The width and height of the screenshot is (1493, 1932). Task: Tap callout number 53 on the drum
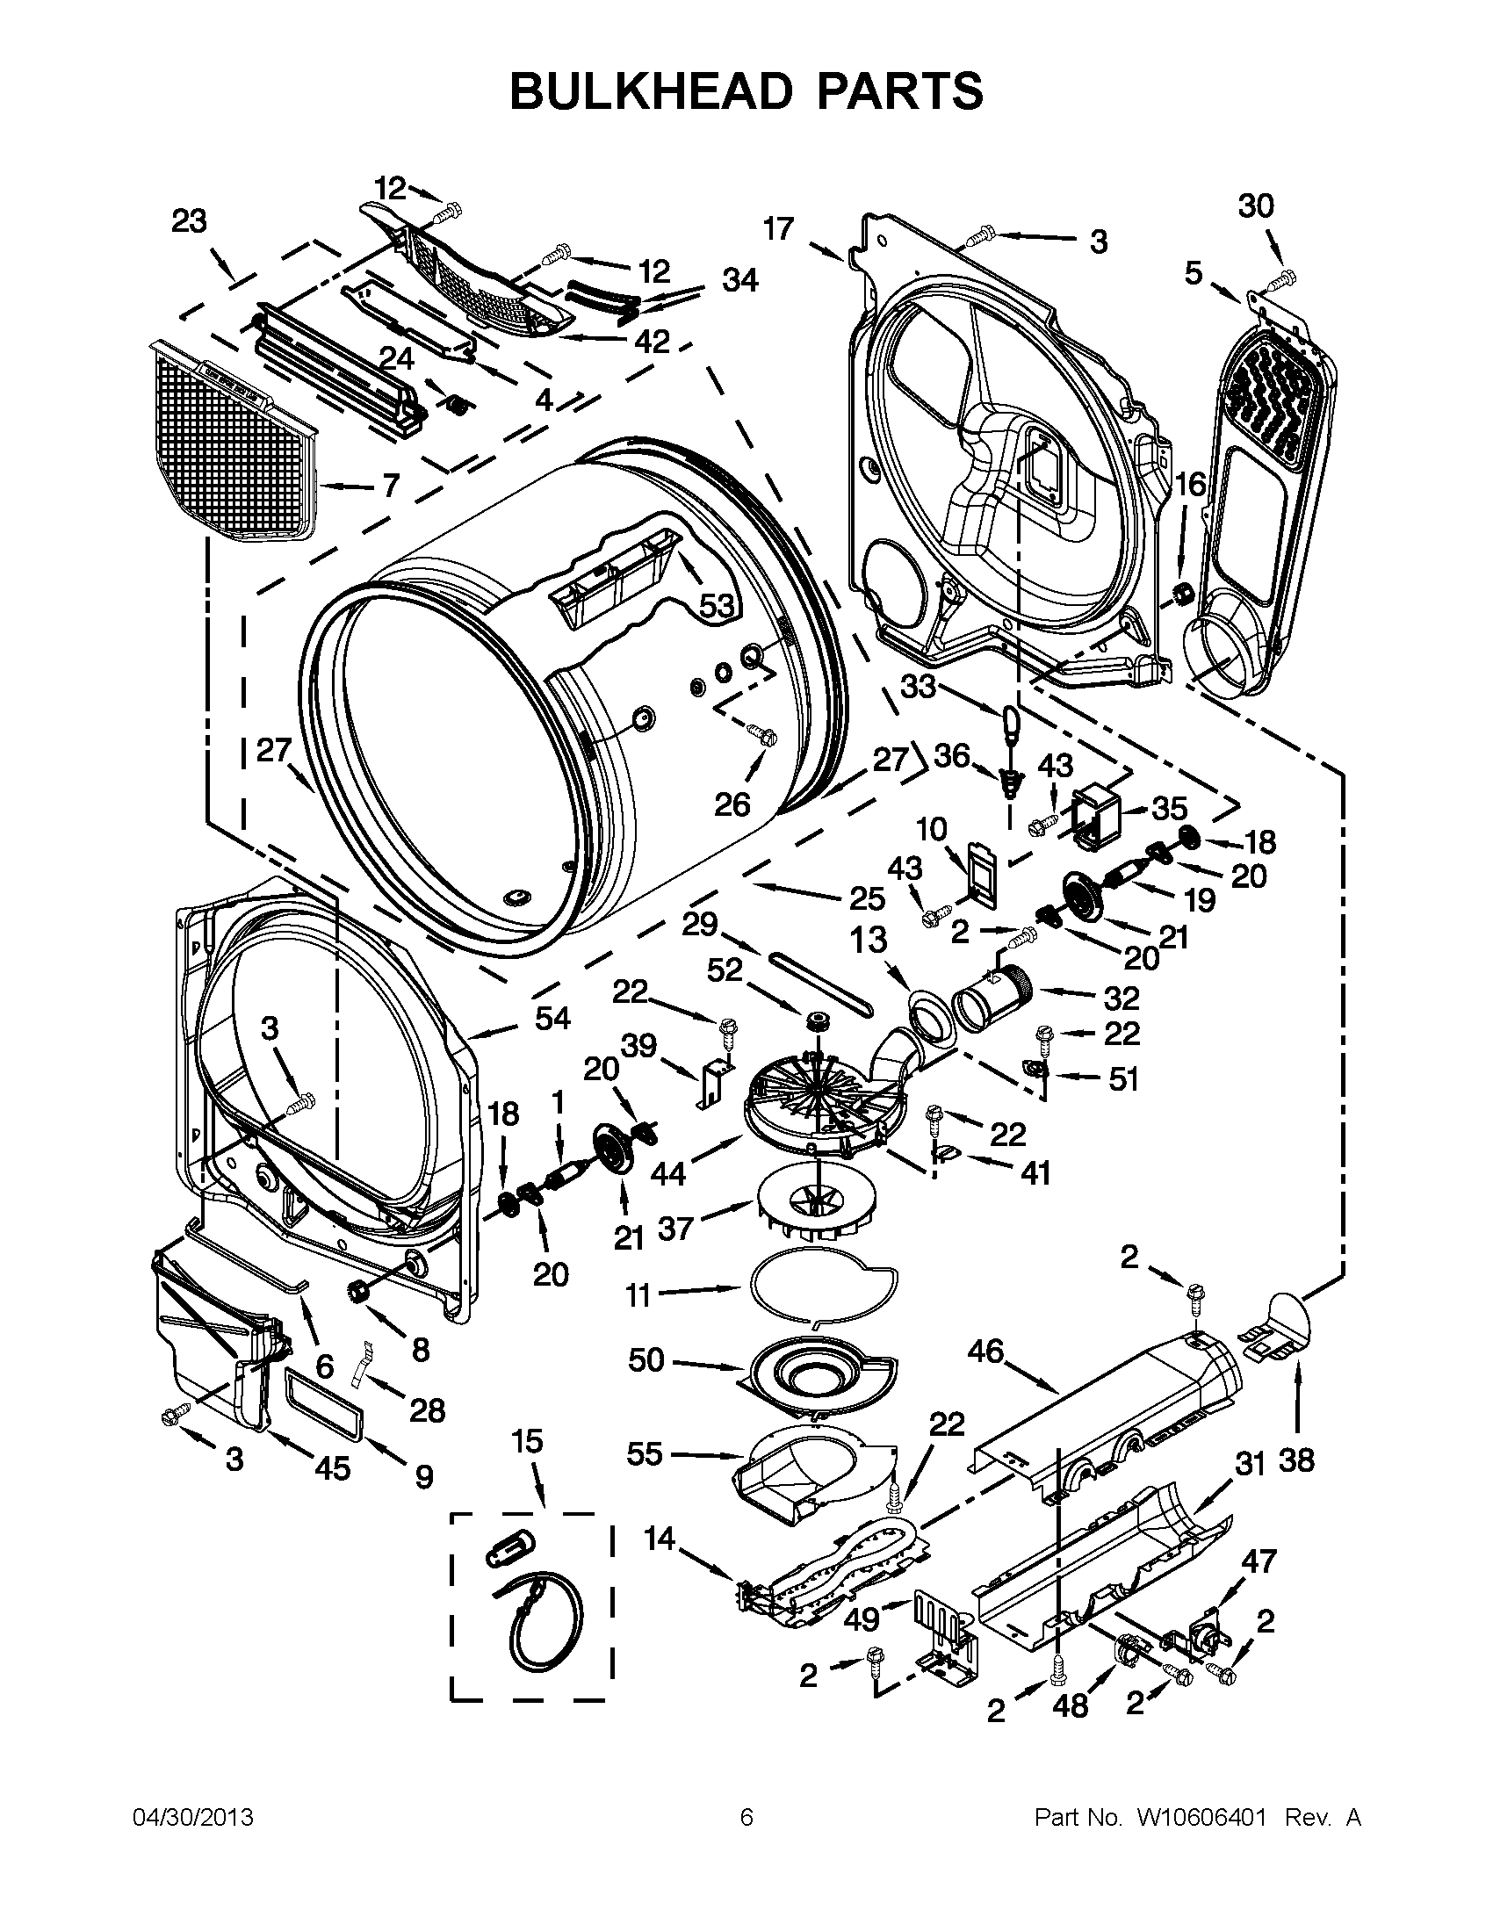coord(718,606)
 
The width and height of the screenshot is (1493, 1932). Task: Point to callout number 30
coord(1256,206)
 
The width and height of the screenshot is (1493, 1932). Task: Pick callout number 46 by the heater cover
coord(986,1352)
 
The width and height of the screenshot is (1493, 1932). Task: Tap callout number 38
coord(1295,1460)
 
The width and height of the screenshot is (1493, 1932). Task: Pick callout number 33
coord(918,686)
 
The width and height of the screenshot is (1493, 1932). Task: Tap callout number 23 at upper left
coord(189,221)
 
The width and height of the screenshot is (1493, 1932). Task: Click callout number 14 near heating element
coord(660,1539)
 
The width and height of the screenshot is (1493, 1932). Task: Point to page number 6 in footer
coord(746,1818)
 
